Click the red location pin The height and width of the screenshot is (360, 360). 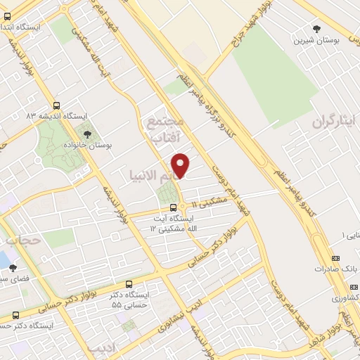tap(181, 165)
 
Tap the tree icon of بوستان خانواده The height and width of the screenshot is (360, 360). tap(87, 134)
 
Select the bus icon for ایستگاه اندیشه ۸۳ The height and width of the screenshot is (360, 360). tap(56, 105)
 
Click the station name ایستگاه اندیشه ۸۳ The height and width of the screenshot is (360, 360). tap(56, 115)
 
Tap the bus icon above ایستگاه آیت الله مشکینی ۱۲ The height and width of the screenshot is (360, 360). tap(173, 207)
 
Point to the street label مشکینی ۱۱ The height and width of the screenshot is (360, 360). tap(210, 202)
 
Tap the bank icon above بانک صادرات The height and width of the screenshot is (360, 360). tap(335, 258)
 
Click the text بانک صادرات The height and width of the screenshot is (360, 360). tap(331, 269)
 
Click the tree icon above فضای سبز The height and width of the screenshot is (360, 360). tap(13, 268)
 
